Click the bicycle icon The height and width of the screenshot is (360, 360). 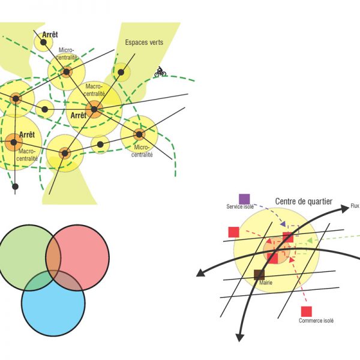tap(160, 72)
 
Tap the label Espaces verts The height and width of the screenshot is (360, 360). tap(143, 43)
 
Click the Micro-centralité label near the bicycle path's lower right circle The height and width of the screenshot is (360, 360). tap(143, 151)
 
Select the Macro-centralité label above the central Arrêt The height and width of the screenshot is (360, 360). tap(95, 91)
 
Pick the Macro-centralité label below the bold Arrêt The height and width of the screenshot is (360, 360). tap(28, 155)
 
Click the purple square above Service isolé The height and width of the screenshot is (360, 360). tap(244, 199)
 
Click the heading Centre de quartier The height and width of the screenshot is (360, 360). tap(304, 202)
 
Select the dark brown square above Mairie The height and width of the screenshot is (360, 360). tap(259, 275)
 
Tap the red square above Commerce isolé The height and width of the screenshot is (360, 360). tap(307, 311)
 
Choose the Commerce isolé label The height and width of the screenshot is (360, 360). tap(316, 321)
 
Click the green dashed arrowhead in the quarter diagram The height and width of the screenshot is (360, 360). tap(308, 241)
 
